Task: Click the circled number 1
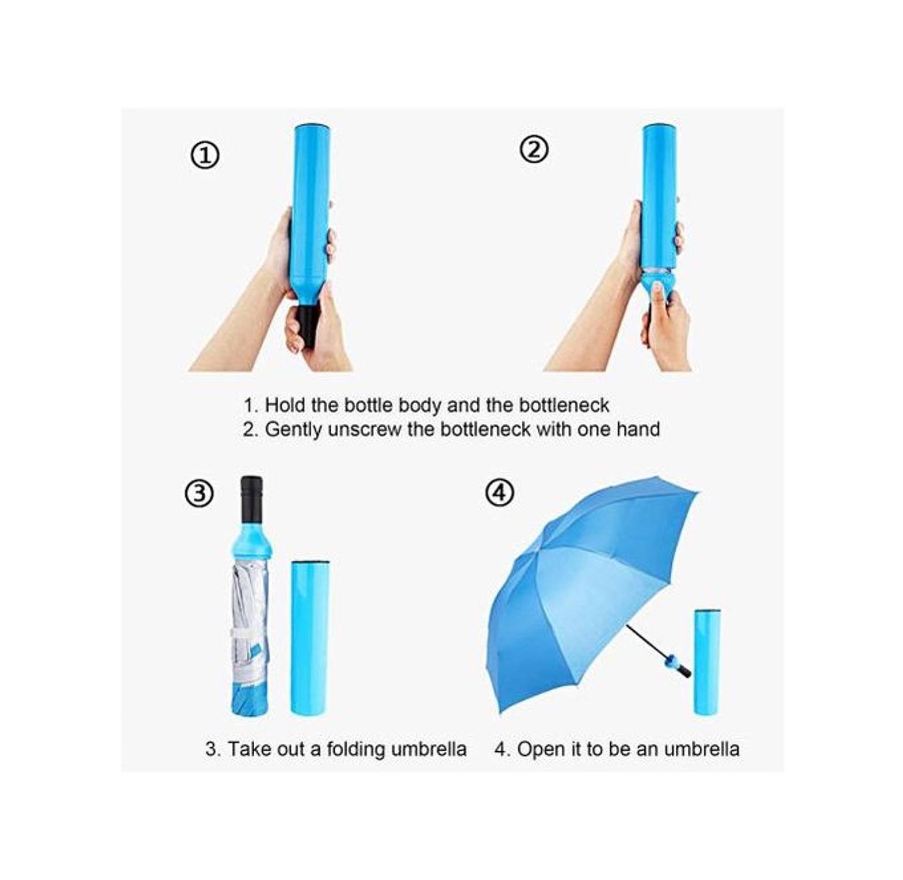pyautogui.click(x=205, y=155)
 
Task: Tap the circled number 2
pyautogui.click(x=534, y=150)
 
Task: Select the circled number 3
pyautogui.click(x=199, y=493)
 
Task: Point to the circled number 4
pyautogui.click(x=499, y=492)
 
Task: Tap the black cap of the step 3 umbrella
pyautogui.click(x=251, y=498)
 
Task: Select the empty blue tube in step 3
pyautogui.click(x=310, y=637)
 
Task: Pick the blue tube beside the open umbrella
pyautogui.click(x=707, y=661)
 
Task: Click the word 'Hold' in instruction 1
pyautogui.click(x=285, y=405)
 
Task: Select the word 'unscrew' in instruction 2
pyautogui.click(x=365, y=430)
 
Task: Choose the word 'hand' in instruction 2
pyautogui.click(x=638, y=429)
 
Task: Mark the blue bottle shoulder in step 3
pyautogui.click(x=250, y=540)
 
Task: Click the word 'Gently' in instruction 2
pyautogui.click(x=293, y=430)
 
